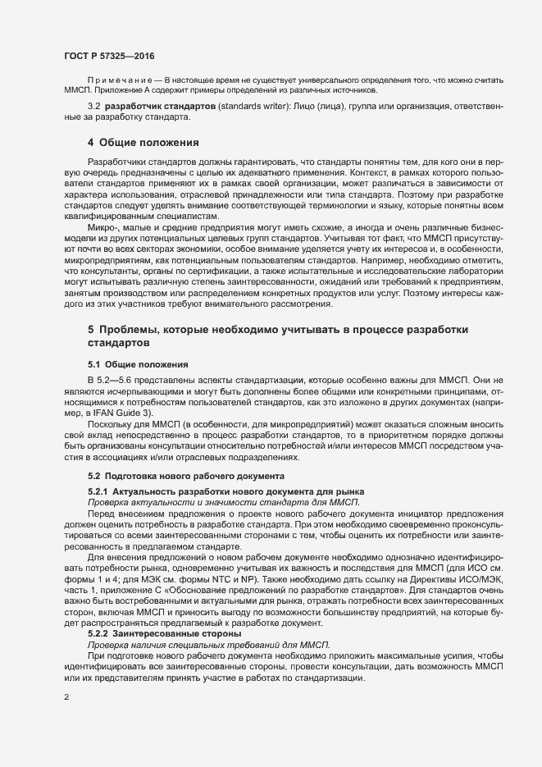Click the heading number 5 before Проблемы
click(x=91, y=330)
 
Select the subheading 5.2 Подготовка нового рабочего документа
click(x=187, y=476)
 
